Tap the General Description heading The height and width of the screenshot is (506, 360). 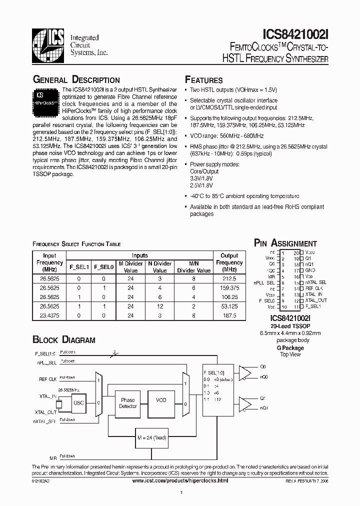tap(76, 80)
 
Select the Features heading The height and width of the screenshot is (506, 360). tap(204, 80)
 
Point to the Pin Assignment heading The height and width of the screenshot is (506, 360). tap(285, 243)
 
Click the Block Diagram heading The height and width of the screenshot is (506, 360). tap(63, 340)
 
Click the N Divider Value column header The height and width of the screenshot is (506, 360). tap(159, 266)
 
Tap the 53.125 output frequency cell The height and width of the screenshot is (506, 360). tap(229, 306)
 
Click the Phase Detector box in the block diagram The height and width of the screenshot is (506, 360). tap(128, 403)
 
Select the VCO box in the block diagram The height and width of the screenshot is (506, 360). tap(161, 400)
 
